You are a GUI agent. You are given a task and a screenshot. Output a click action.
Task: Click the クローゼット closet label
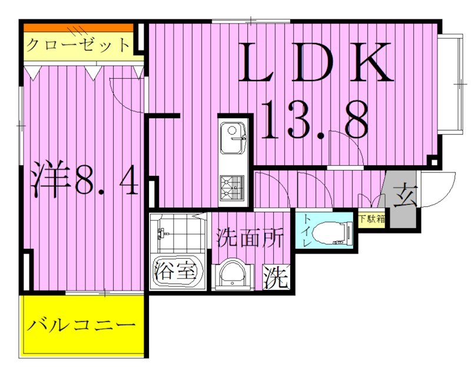(x=78, y=45)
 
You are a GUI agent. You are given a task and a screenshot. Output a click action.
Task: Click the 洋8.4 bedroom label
(x=84, y=180)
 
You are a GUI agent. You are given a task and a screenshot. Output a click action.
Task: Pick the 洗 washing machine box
(x=276, y=276)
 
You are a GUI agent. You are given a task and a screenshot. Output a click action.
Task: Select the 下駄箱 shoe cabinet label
(x=372, y=219)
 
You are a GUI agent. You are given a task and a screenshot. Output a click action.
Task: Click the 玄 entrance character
(x=405, y=195)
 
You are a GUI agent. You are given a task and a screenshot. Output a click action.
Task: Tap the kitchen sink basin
(x=233, y=138)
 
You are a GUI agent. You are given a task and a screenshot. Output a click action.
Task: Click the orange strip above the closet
(x=78, y=27)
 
